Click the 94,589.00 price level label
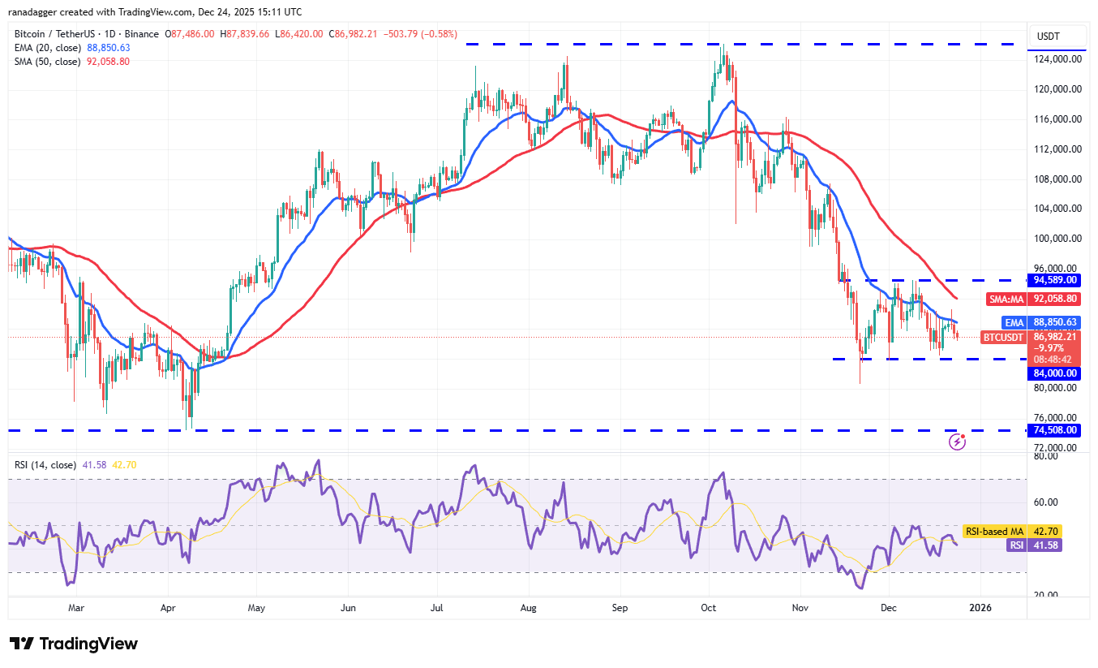(1055, 280)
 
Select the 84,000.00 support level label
(1055, 373)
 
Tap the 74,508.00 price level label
(1055, 430)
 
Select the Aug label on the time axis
(529, 607)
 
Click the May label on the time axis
(256, 607)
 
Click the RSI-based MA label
(994, 532)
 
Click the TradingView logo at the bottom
(74, 644)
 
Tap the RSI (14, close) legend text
(45, 465)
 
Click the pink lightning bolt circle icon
(958, 442)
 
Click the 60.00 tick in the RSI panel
(1044, 502)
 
